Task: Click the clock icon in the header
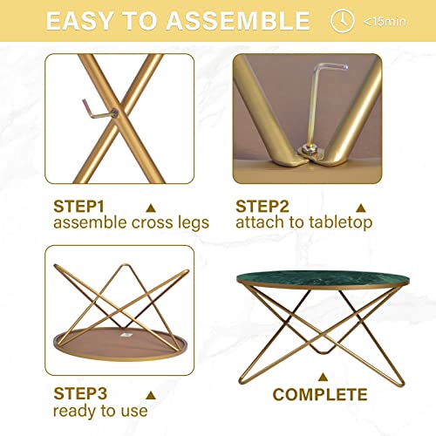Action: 343,21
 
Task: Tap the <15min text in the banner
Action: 385,22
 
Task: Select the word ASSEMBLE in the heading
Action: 238,21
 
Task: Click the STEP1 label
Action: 78,207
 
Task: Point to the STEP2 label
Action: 262,207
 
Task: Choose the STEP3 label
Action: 80,393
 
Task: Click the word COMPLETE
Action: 320,394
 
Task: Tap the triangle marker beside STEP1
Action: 151,208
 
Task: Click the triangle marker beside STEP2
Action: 361,208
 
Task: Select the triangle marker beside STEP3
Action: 151,395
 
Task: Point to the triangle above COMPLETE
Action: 323,377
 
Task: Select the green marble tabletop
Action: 323,279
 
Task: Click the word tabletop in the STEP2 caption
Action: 341,222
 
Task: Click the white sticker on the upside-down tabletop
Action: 126,335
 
